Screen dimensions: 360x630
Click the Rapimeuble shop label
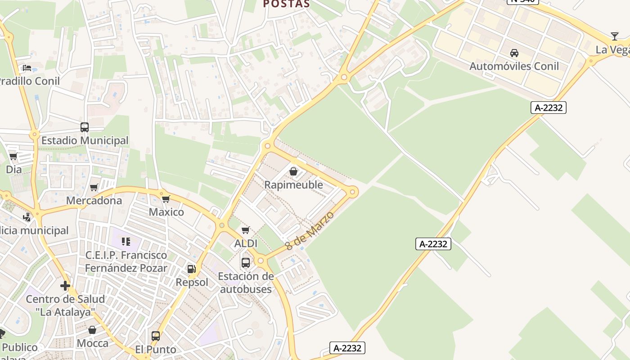pos(293,184)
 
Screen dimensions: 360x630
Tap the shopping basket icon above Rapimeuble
pos(293,171)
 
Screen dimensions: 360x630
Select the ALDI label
pos(246,243)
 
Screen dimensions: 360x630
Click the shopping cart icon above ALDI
pos(246,230)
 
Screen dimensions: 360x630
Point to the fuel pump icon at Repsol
pos(192,269)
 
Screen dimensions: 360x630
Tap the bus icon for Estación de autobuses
pos(246,263)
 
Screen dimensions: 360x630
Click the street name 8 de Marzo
pos(310,231)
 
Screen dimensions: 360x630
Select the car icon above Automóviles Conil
pos(514,53)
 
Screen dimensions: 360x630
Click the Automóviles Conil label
pos(514,66)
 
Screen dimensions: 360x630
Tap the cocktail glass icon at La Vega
pos(615,36)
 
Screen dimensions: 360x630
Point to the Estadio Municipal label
pos(85,140)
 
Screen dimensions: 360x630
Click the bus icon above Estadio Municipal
pos(85,127)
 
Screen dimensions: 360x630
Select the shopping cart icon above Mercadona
pos(94,187)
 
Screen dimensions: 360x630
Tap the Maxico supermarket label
pos(166,212)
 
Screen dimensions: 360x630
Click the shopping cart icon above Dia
pos(13,157)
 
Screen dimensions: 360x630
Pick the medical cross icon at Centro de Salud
pos(65,286)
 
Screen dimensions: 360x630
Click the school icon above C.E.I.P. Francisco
pos(126,242)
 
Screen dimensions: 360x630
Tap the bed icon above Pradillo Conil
pos(27,68)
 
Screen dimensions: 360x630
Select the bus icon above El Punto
pos(156,336)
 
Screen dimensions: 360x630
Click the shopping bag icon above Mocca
pos(92,330)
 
